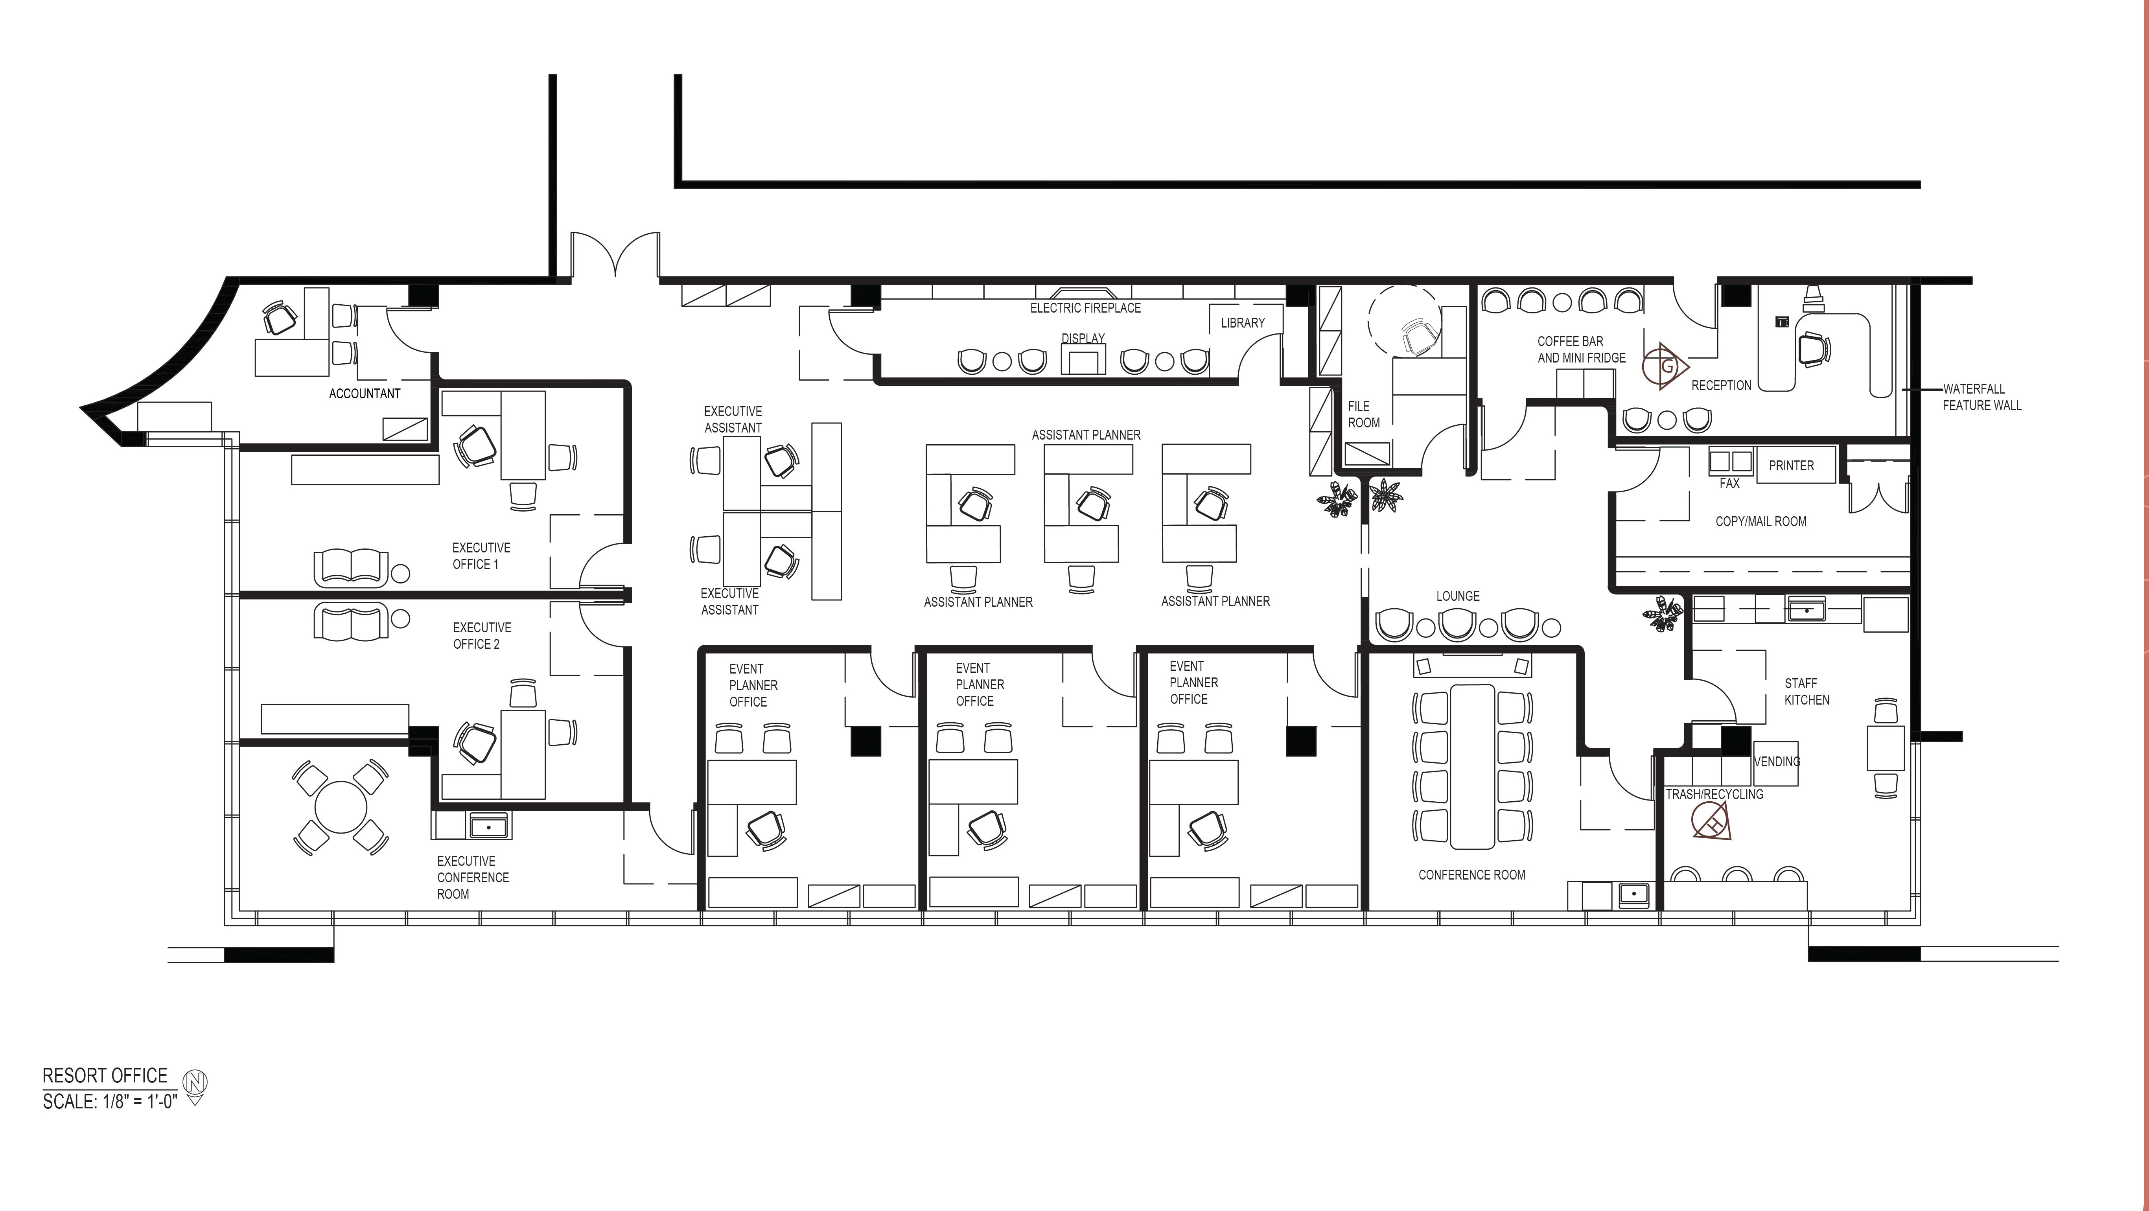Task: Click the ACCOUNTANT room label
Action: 365,394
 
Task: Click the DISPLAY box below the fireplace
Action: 1083,360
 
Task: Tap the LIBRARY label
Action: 1243,323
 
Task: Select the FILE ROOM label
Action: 1364,414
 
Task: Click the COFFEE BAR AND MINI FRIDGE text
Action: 1582,350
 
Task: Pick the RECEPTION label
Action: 1721,385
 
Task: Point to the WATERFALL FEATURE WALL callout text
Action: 1982,397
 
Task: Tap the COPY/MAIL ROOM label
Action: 1761,521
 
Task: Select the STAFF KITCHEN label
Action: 1807,691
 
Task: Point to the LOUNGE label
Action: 1458,596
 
